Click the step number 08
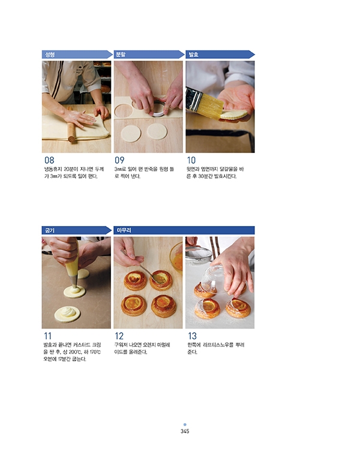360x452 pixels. pyautogui.click(x=49, y=160)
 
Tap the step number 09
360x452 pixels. pyautogui.click(x=119, y=160)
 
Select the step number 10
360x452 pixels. pyautogui.click(x=191, y=160)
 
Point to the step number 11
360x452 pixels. pyautogui.click(x=47, y=336)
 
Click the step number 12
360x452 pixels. pyautogui.click(x=119, y=336)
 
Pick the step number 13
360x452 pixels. pyautogui.click(x=192, y=336)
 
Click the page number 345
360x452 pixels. pyautogui.click(x=185, y=431)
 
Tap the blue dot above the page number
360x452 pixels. pyautogui.click(x=185, y=424)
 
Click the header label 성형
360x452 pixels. pyautogui.click(x=50, y=55)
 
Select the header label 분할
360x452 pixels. pyautogui.click(x=121, y=55)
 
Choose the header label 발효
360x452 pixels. pyautogui.click(x=193, y=55)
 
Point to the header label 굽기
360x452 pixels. pyautogui.click(x=49, y=230)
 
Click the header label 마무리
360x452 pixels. pyautogui.click(x=124, y=230)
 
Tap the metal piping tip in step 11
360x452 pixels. pyautogui.click(x=73, y=281)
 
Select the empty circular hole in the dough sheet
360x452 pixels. pyautogui.click(x=123, y=111)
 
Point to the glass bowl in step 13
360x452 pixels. pyautogui.click(x=213, y=279)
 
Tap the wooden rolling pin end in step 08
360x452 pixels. pyautogui.click(x=71, y=140)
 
